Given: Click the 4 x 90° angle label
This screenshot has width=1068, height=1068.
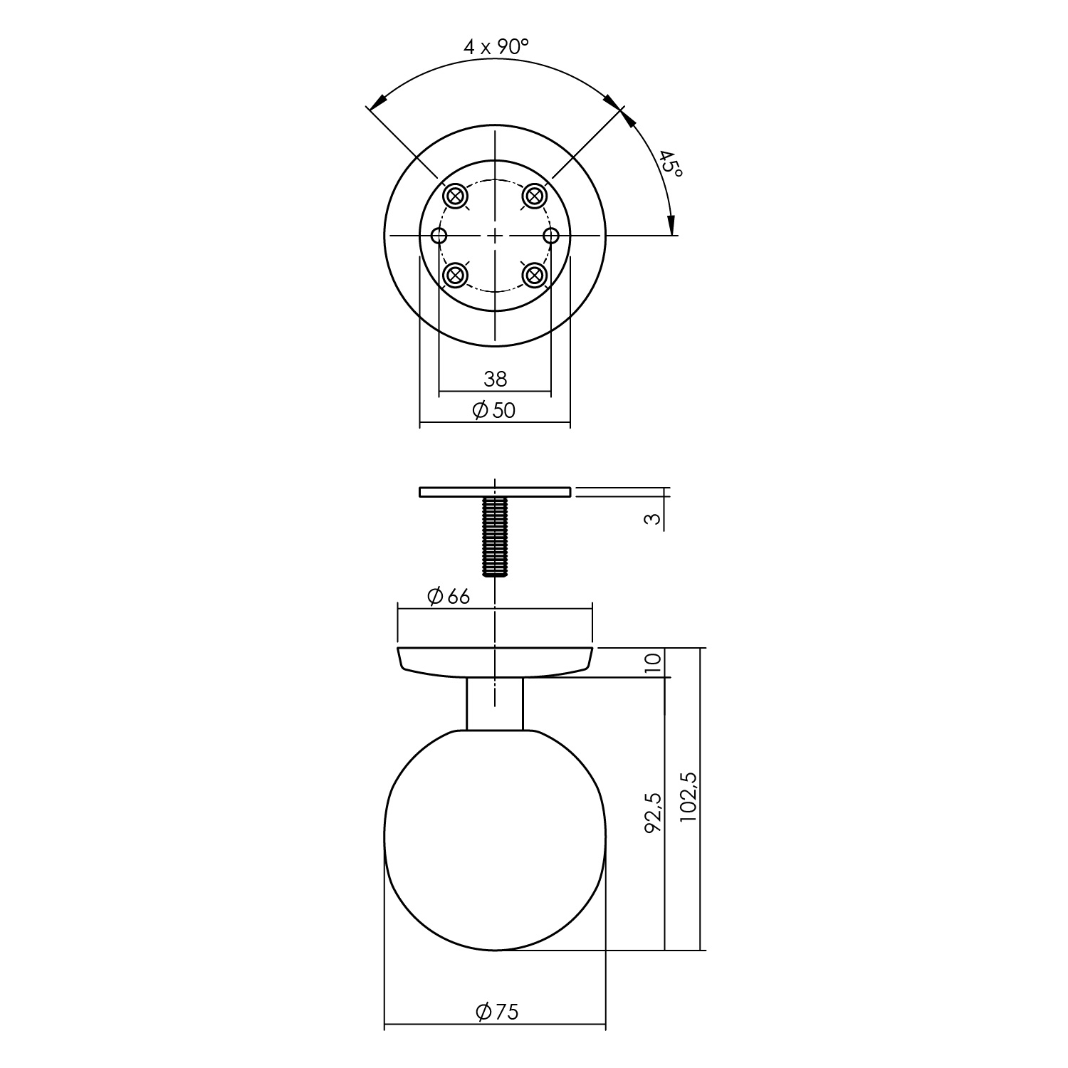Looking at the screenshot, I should [496, 47].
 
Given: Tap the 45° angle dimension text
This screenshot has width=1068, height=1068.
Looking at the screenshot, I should [669, 164].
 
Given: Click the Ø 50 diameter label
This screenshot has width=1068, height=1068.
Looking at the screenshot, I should [494, 410].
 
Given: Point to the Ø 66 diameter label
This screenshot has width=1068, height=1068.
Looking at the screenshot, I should [449, 596].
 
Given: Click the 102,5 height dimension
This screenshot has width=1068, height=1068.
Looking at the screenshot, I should [689, 797].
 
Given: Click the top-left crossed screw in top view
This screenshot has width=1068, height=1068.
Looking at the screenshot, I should [454, 195].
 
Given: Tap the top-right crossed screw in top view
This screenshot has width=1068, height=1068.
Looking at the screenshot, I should [534, 195].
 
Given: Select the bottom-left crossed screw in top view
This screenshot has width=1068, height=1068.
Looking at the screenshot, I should [454, 274].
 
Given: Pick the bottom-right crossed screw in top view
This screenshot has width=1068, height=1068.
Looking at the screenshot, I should [534, 274].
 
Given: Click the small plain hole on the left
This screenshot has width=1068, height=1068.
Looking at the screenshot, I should [440, 235].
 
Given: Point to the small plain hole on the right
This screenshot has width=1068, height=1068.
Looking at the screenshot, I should [550, 235].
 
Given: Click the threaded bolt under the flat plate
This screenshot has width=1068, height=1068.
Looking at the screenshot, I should [495, 535].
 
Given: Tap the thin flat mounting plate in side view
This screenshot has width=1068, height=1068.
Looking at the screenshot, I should [495, 491].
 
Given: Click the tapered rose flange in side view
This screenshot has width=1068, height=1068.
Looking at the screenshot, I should [495, 660].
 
